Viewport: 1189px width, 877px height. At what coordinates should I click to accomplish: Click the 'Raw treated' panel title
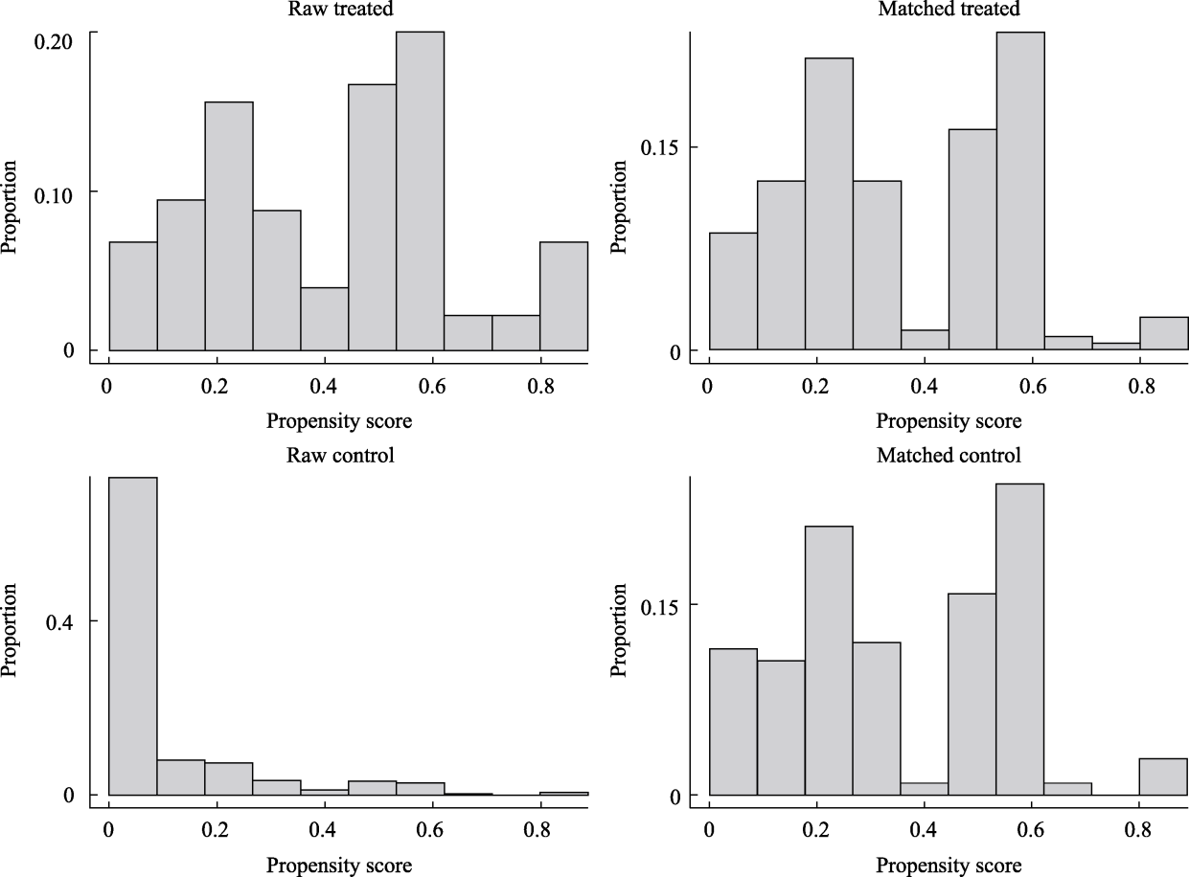coord(339,10)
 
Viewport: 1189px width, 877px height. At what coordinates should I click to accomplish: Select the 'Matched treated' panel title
coord(949,10)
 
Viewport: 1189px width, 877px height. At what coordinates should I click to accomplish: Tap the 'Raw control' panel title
coord(340,455)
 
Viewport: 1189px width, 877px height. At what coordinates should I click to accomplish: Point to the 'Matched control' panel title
coord(949,455)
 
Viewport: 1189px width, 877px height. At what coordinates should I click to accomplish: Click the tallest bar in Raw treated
coord(420,191)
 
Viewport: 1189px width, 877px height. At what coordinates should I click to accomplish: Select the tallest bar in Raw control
coord(133,636)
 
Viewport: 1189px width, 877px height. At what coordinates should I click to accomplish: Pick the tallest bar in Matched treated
coord(1019,191)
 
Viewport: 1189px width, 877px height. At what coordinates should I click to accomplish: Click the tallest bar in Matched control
coord(1019,640)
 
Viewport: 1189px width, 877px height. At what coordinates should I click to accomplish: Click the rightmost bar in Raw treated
coord(563,297)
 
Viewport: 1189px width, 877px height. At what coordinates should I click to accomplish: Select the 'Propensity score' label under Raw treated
coord(340,420)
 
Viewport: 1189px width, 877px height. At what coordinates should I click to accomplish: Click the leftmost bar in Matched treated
coord(733,292)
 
